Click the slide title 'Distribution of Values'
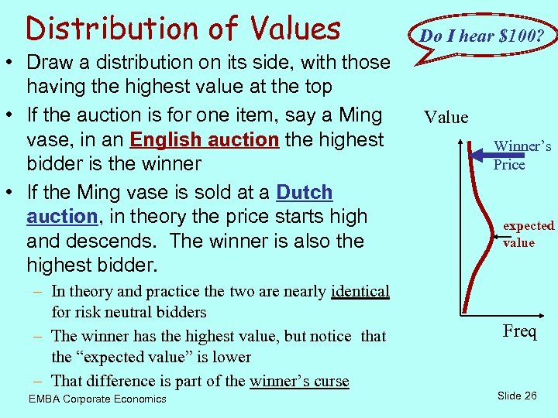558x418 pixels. (x=183, y=29)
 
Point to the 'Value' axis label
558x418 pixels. (x=446, y=118)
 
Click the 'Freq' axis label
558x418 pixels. (x=518, y=332)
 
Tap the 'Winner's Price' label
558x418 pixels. (x=522, y=155)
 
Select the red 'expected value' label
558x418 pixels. (x=528, y=234)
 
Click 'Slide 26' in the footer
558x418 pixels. (x=516, y=396)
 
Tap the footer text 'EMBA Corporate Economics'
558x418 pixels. (x=97, y=399)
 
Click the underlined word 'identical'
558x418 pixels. (x=360, y=291)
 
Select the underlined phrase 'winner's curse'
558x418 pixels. (x=299, y=380)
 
